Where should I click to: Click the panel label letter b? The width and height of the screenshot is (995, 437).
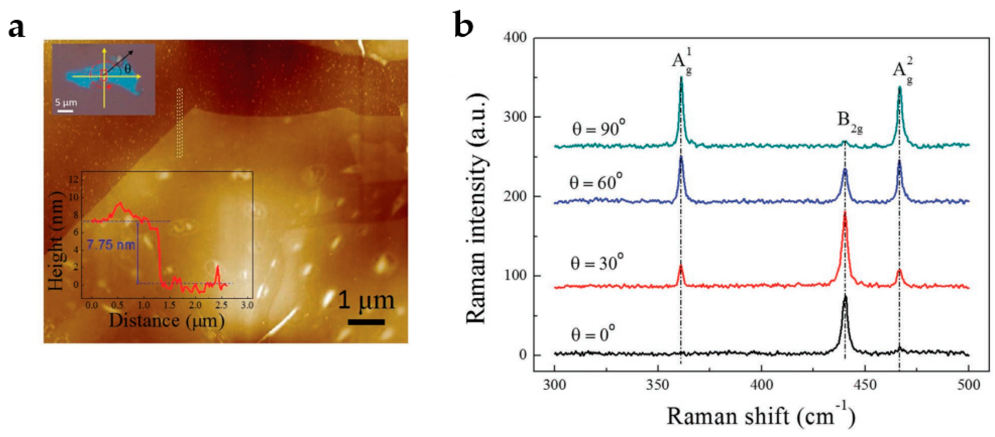tap(463, 24)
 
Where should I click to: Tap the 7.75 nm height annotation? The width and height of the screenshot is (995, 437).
tap(111, 245)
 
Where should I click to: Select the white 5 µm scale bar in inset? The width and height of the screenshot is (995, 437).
tap(66, 111)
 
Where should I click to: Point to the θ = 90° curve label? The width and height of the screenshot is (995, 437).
tap(598, 128)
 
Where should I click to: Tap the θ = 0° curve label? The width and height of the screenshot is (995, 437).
tap(593, 333)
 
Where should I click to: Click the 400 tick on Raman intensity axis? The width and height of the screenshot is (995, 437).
tap(515, 38)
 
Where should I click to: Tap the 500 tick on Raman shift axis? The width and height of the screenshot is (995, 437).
tap(969, 385)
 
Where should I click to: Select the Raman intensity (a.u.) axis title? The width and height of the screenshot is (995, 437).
tap(477, 208)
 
